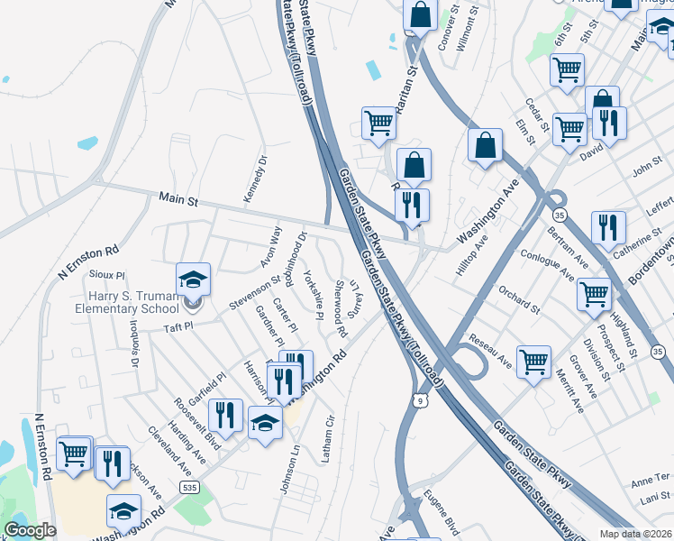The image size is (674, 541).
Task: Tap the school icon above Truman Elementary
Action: pyautogui.click(x=193, y=280)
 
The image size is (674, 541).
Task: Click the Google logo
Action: pyautogui.click(x=30, y=530)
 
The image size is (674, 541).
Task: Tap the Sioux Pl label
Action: pyautogui.click(x=107, y=274)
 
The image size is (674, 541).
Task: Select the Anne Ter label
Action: pyautogui.click(x=651, y=478)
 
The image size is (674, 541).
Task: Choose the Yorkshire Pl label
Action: pyautogui.click(x=313, y=294)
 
